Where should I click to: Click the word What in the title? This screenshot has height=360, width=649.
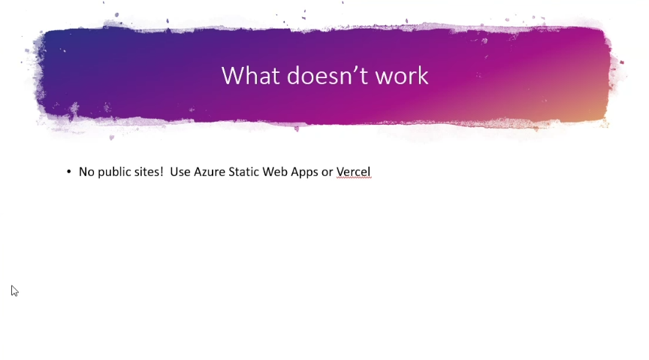click(x=250, y=76)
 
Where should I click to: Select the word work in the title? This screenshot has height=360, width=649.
click(x=401, y=76)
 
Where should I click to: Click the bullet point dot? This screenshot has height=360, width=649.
click(x=68, y=171)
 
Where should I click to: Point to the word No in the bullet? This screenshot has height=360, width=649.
click(x=86, y=171)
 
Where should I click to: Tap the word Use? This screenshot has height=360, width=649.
click(x=180, y=171)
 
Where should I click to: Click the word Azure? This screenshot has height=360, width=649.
click(x=210, y=171)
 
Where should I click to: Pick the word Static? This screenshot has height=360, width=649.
click(x=244, y=171)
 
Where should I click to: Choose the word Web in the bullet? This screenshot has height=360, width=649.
click(x=275, y=171)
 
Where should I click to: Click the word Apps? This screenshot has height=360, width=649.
click(x=304, y=172)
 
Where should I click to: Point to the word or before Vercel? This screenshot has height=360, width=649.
click(x=327, y=173)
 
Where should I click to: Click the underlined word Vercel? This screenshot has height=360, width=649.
click(x=353, y=171)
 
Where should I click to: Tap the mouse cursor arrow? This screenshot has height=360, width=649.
click(x=14, y=291)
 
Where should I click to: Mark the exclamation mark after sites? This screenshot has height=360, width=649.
click(x=161, y=171)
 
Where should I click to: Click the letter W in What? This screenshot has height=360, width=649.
click(x=233, y=76)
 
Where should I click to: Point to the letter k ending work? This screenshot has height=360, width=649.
click(x=423, y=76)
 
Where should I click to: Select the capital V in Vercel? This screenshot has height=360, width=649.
click(x=340, y=171)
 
